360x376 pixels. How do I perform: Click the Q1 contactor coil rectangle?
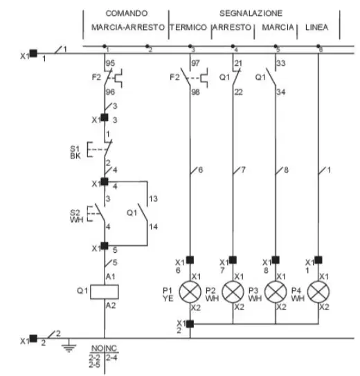tap(105, 292)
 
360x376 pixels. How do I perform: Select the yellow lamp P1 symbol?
tap(190, 292)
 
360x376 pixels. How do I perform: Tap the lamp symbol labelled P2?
tap(233, 292)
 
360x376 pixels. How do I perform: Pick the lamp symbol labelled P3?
tap(276, 292)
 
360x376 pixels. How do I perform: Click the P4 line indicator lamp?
tap(318, 292)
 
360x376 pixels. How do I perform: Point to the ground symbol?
tap(69, 346)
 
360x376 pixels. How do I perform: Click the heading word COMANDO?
tap(127, 13)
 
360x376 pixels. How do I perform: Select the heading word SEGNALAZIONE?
tap(251, 13)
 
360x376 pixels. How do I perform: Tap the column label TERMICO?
tap(188, 27)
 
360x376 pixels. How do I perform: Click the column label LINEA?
tap(316, 27)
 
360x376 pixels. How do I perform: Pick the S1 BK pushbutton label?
tap(75, 152)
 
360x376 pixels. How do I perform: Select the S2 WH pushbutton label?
tap(76, 216)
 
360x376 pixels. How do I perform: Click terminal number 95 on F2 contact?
tap(110, 63)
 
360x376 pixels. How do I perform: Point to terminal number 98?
tap(196, 92)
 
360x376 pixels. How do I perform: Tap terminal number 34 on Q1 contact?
tap(281, 92)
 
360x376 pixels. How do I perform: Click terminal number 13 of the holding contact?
tap(154, 199)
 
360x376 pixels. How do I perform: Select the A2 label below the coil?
tap(111, 305)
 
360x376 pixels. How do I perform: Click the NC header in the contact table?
tap(111, 348)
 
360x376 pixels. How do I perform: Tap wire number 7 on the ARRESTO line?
tap(243, 170)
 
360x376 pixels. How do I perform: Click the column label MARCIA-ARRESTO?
tap(128, 27)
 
